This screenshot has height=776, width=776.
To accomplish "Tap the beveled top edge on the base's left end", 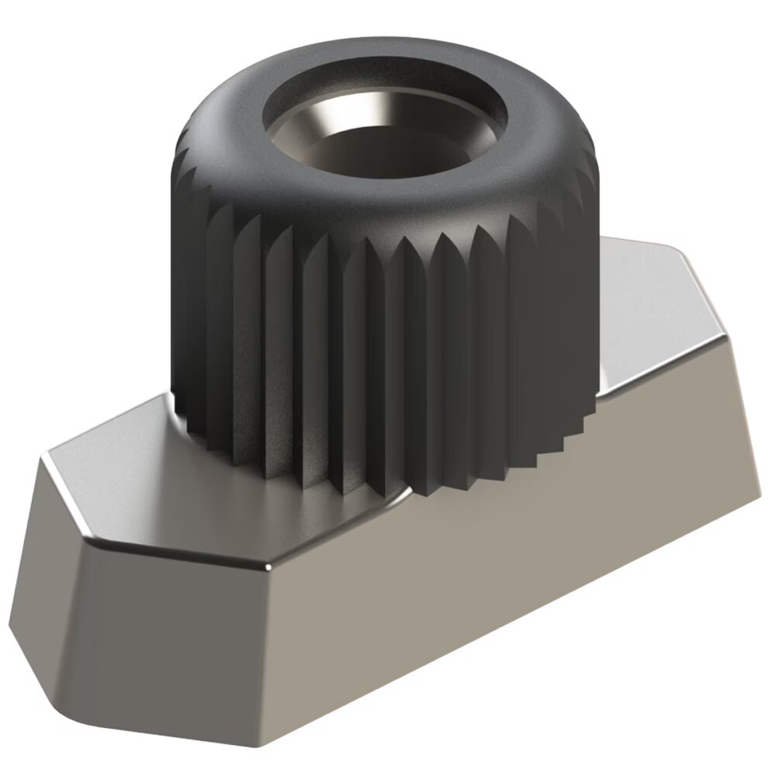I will (x=62, y=497).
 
